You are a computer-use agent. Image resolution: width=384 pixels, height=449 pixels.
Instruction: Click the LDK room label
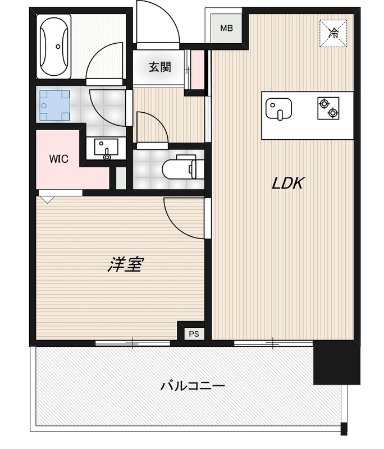pyautogui.click(x=288, y=183)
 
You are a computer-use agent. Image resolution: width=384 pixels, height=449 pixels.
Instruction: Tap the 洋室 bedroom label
pyautogui.click(x=124, y=264)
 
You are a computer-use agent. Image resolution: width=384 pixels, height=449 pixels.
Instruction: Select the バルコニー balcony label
pyautogui.click(x=193, y=386)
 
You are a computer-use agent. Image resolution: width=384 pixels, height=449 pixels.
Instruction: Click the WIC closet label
pyautogui.click(x=58, y=159)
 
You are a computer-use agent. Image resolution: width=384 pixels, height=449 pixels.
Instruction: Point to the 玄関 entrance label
pyautogui.click(x=159, y=67)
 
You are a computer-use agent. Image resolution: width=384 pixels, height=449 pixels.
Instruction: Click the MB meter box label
pyautogui.click(x=226, y=28)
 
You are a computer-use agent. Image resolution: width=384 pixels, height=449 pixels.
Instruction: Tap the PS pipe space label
pyautogui.click(x=194, y=333)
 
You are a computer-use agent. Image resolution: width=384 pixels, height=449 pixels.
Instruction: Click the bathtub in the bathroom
pyautogui.click(x=54, y=47)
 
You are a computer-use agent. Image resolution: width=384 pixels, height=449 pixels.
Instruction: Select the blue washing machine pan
pyautogui.click(x=54, y=105)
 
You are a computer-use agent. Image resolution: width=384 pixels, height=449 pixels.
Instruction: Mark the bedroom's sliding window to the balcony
pyautogui.click(x=132, y=342)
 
